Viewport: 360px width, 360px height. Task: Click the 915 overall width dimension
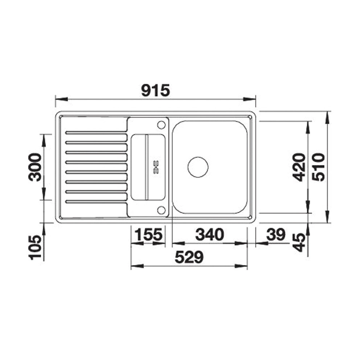(155, 90)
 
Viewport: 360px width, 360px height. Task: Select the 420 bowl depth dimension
(299, 167)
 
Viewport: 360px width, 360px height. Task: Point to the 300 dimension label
(35, 167)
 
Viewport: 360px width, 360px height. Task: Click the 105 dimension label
(36, 247)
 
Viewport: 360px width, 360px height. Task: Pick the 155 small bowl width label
(148, 235)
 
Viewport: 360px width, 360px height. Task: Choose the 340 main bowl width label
(209, 235)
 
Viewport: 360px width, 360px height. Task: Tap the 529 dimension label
(189, 257)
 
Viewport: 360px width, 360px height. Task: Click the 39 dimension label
(276, 235)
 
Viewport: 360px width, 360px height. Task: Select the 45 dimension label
(299, 243)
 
